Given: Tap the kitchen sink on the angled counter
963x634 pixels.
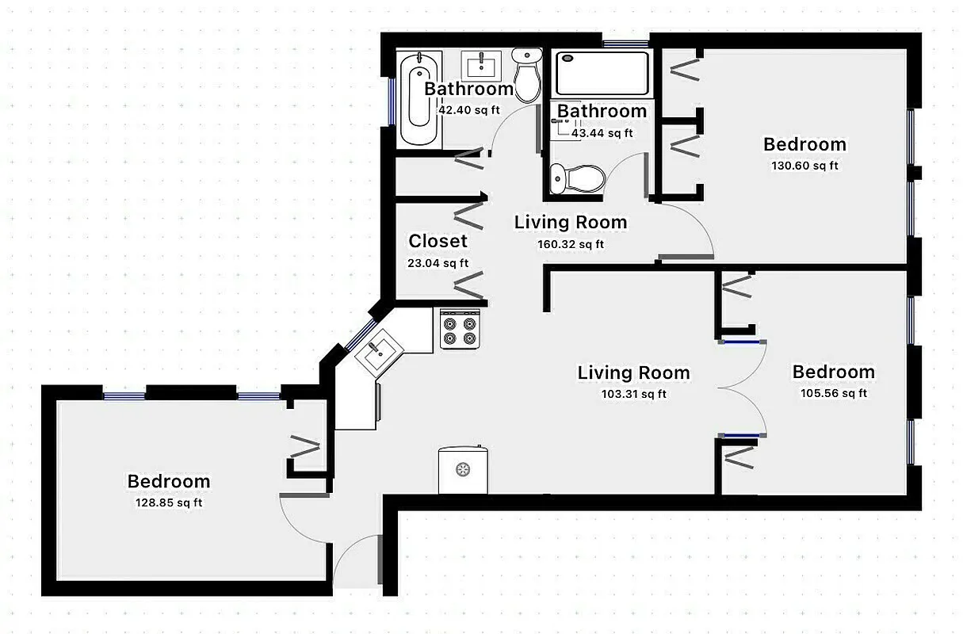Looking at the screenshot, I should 378,350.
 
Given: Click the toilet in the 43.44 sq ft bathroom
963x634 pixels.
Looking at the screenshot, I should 578,178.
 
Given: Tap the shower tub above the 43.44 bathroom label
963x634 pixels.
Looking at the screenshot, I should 602,73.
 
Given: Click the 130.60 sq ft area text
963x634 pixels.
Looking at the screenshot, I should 804,166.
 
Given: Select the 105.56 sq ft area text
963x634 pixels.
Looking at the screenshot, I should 833,393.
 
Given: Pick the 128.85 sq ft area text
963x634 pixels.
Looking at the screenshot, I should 169,502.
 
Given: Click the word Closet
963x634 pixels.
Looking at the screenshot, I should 438,241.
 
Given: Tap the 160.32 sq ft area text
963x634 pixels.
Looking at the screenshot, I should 571,244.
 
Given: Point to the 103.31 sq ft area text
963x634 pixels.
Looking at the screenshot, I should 633,394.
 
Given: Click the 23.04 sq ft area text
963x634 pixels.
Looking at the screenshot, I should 438,263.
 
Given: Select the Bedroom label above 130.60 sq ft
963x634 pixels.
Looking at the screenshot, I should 804,144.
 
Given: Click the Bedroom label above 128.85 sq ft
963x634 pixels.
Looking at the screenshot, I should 169,481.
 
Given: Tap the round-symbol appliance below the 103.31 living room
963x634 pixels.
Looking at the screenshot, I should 462,470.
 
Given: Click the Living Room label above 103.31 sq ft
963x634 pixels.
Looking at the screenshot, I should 633,372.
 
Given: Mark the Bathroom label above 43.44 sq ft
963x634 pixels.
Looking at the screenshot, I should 602,112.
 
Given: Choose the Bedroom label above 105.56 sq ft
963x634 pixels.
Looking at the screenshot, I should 833,372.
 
